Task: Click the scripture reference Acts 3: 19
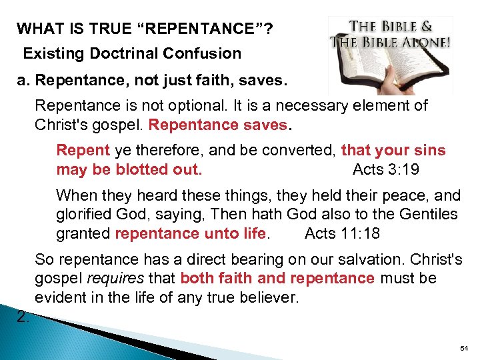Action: pyautogui.click(x=385, y=169)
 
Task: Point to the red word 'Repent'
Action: pyautogui.click(x=83, y=151)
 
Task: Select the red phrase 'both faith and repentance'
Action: pyautogui.click(x=277, y=277)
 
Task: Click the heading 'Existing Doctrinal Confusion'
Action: pyautogui.click(x=132, y=53)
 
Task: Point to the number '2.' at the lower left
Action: pyautogui.click(x=23, y=317)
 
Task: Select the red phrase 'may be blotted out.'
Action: pyautogui.click(x=129, y=169)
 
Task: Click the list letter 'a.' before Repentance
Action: pyautogui.click(x=24, y=81)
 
